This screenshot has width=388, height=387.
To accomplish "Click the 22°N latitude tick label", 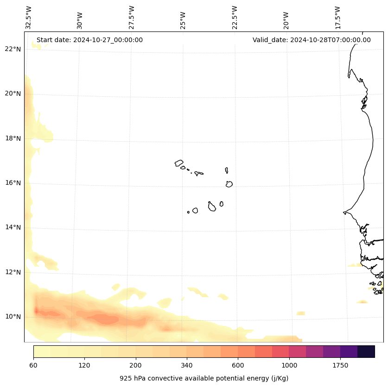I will point(13,49).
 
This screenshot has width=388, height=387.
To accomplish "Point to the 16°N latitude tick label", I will point(13,183).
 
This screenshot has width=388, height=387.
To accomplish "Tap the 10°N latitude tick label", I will point(13,317).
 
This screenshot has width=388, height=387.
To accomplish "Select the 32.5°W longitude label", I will point(29,17).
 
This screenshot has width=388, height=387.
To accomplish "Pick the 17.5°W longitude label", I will point(338,17).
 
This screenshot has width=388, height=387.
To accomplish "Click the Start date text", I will point(89,40).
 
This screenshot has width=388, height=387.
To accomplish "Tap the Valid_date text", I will point(312,40).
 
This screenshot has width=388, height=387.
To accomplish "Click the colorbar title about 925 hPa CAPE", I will point(204,378).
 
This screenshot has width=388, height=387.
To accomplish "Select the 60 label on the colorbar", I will point(33,366).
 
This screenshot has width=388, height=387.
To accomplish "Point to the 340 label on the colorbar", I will point(187,366).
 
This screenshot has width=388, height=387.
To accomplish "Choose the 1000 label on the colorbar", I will point(289,366).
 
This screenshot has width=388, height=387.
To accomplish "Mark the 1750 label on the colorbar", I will point(340,366).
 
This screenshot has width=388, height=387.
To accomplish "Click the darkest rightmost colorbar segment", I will point(366,351).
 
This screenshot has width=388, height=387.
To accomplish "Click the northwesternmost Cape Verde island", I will point(179,163).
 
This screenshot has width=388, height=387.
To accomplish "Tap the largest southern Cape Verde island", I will point(212,207).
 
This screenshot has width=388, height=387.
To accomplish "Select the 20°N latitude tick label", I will point(13,94).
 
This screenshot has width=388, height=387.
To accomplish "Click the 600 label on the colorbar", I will point(238,366).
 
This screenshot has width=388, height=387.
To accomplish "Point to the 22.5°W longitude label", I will point(235,17).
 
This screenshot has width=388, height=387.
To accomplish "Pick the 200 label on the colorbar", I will point(135,366).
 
